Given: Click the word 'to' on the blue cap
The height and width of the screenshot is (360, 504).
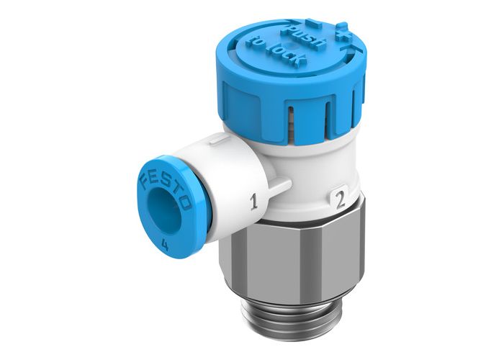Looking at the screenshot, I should [253, 41].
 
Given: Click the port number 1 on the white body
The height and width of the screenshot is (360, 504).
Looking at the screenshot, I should [253, 202].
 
